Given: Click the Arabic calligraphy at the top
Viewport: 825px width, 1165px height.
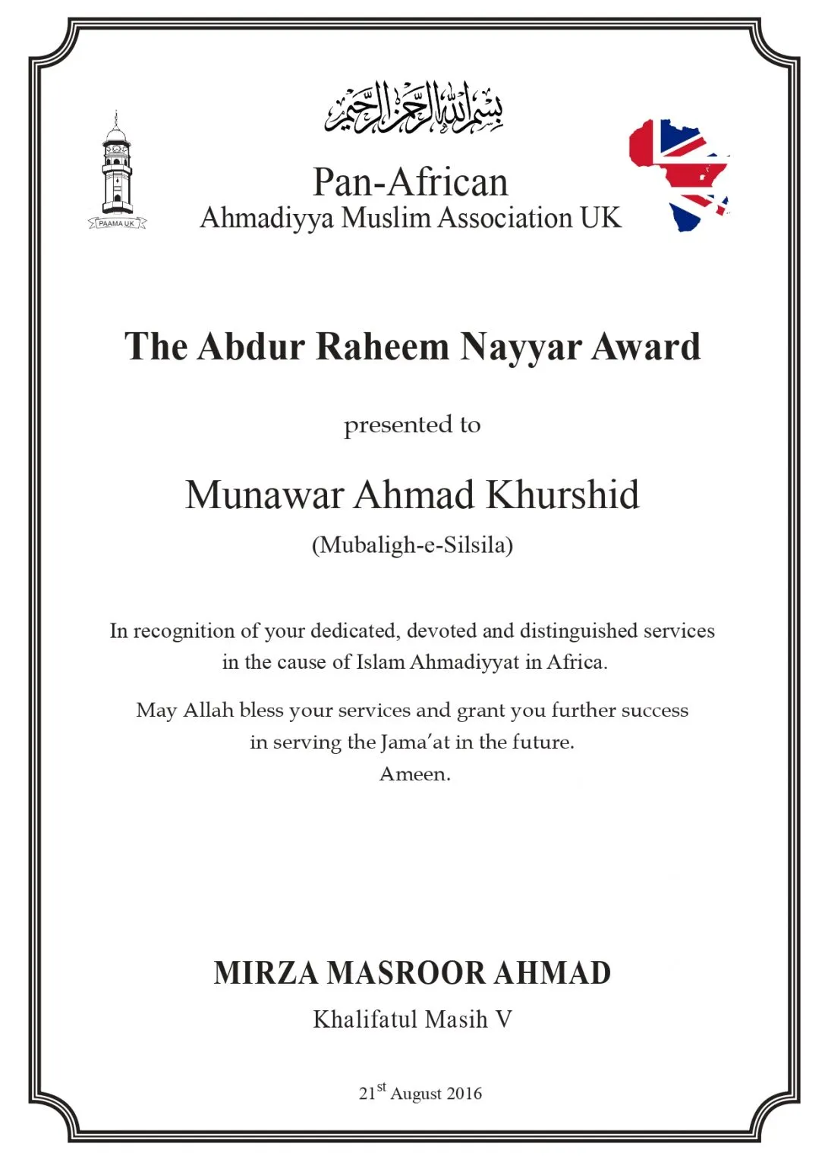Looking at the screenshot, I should (414, 108).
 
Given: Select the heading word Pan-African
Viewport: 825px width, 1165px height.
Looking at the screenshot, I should (411, 183).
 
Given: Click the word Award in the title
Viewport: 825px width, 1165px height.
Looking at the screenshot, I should (645, 347).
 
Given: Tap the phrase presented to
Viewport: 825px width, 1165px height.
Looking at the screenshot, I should (412, 425).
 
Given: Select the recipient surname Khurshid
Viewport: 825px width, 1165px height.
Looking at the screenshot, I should (562, 495).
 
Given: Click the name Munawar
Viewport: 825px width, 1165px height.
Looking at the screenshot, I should (264, 495).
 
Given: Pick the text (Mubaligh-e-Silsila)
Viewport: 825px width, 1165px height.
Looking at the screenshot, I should (412, 545).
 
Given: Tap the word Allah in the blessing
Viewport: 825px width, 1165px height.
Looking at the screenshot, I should (208, 710).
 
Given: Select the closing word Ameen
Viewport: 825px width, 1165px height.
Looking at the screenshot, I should (414, 774).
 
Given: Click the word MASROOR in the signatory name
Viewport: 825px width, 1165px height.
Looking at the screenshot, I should (405, 973).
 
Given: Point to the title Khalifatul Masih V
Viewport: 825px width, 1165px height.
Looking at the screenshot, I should (412, 1019).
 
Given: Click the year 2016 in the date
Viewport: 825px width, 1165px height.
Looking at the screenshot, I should (464, 1094).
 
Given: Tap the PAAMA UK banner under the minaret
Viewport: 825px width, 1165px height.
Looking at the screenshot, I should (116, 224).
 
